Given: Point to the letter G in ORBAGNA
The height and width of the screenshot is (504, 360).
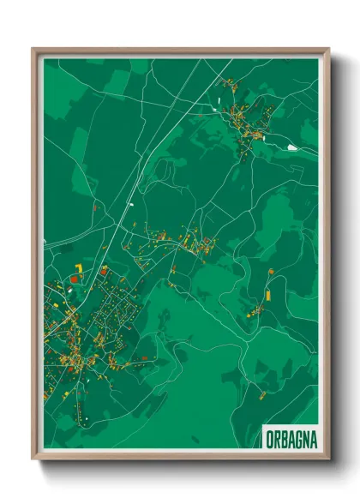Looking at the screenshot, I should [x=294, y=436].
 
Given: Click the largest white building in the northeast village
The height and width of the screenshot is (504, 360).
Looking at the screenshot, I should [x=292, y=147].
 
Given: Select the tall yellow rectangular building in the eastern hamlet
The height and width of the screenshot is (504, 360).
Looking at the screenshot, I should [x=267, y=294].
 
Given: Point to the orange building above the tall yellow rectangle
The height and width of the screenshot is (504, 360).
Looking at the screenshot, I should [x=270, y=273].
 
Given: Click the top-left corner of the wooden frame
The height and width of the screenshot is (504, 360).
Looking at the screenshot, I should [x=33, y=49].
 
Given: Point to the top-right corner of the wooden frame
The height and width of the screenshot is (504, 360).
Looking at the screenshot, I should [x=328, y=49].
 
